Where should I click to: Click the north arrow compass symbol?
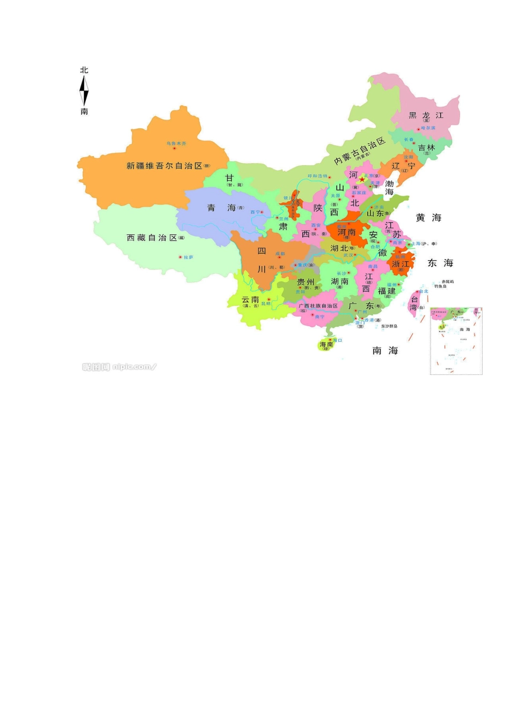tap(84, 91)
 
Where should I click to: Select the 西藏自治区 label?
tap(152, 237)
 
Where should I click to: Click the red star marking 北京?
tap(362, 180)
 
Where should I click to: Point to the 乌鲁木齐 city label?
tap(176, 144)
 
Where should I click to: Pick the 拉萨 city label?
tap(188, 257)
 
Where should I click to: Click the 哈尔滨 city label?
tap(428, 128)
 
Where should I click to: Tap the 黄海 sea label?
tap(428, 217)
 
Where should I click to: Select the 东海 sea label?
tap(440, 263)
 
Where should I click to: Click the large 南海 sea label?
tap(385, 350)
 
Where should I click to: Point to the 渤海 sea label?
tap(389, 187)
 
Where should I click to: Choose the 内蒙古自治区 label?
tap(359, 151)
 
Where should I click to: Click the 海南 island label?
tap(326, 344)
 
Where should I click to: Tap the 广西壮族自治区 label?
tap(318, 306)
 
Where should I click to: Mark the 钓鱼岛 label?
tap(440, 286)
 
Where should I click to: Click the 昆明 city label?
tap(266, 304)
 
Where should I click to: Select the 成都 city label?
tap(280, 254)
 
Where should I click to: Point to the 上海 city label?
tap(416, 244)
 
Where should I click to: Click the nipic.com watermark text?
tap(119, 367)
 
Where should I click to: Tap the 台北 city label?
tap(424, 292)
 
